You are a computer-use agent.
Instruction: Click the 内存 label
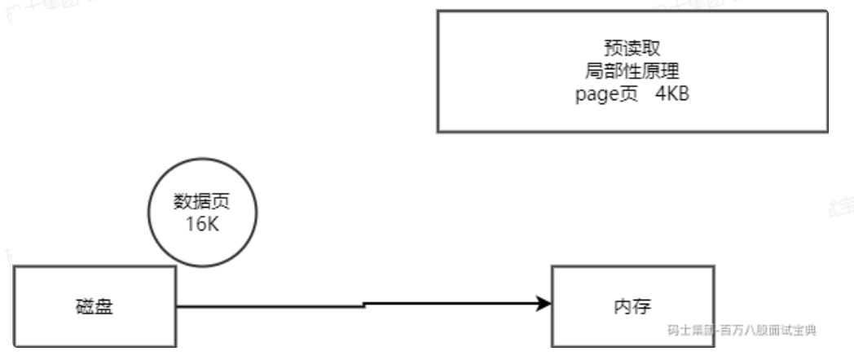[632, 306]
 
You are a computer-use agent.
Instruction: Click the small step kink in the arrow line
[363, 305]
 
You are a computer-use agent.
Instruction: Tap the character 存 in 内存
[640, 306]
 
